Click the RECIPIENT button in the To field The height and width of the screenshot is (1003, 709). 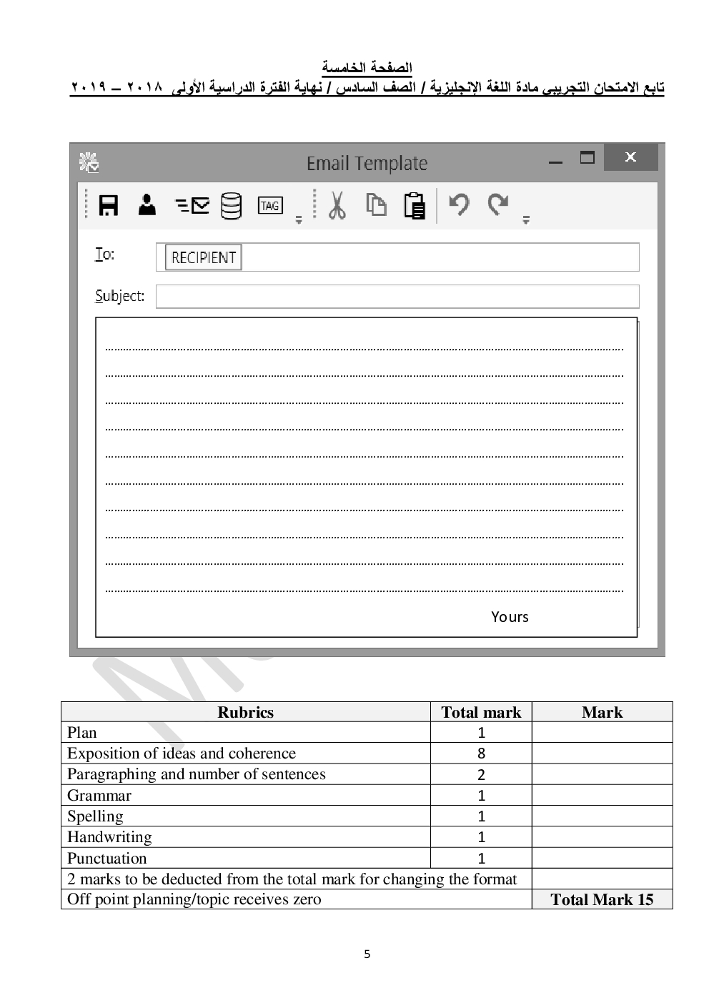(x=204, y=257)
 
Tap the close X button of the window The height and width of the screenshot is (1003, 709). (x=630, y=157)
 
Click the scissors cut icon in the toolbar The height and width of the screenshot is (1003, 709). (x=337, y=206)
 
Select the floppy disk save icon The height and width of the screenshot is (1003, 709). (x=108, y=206)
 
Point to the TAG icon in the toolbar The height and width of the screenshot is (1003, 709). (x=270, y=206)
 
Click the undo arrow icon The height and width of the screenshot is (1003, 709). (x=459, y=204)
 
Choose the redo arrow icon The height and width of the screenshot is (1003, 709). (x=498, y=204)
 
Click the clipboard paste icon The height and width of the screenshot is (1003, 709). (x=415, y=206)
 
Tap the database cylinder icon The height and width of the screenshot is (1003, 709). (x=231, y=206)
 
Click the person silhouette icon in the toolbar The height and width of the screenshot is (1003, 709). (x=147, y=205)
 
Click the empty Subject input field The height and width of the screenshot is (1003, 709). (x=397, y=296)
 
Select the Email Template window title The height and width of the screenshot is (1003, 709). (x=367, y=164)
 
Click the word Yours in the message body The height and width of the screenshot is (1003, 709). (x=510, y=617)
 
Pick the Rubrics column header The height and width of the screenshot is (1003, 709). (x=245, y=712)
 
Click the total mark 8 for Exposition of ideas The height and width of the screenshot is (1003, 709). (x=481, y=754)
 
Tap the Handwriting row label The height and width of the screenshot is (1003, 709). (x=109, y=837)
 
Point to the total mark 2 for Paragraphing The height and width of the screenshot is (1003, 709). (x=481, y=774)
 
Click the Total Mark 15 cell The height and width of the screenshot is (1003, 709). (x=602, y=900)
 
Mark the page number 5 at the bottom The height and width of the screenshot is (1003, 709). (x=367, y=954)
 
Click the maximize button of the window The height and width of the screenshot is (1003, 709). (x=587, y=157)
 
